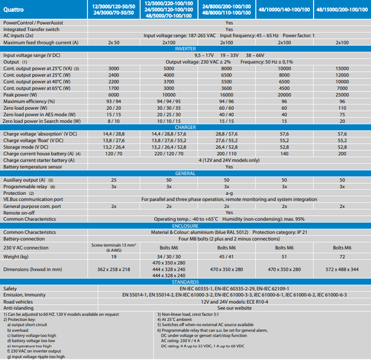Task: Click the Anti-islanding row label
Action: coord(19,307)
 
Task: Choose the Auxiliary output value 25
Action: coord(114,179)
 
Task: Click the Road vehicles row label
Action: coord(19,301)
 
